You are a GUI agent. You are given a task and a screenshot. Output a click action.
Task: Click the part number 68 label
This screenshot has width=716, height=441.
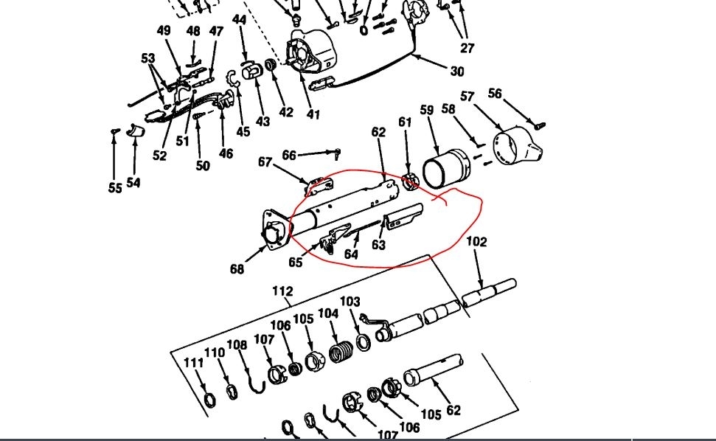236,269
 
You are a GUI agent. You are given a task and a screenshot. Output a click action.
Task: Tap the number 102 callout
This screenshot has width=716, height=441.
476,242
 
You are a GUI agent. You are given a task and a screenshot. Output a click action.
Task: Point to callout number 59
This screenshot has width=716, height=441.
426,110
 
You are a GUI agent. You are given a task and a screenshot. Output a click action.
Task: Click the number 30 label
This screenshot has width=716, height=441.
457,72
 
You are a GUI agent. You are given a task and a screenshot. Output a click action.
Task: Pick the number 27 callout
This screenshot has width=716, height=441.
468,49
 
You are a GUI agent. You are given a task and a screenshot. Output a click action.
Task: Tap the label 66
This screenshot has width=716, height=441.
289,155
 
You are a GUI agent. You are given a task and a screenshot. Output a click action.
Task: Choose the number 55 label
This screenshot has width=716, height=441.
114,188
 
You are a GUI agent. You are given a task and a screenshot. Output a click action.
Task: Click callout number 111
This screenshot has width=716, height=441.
193,362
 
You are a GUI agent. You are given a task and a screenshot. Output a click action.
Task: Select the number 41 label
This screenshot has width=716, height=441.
313,114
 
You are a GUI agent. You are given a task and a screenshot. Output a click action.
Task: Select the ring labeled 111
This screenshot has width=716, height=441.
210,400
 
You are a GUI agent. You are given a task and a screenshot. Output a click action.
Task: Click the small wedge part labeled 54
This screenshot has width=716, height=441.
133,131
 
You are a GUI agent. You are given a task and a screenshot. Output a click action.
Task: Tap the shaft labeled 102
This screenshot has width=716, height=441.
490,291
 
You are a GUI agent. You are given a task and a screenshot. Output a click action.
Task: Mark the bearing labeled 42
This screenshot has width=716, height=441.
271,69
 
